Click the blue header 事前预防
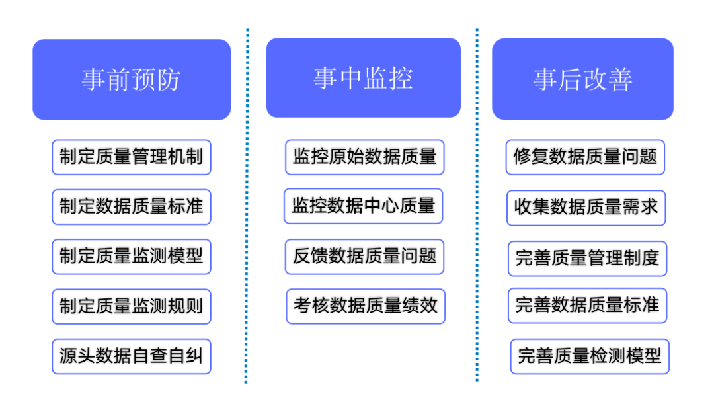[132, 79]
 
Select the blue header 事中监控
[363, 77]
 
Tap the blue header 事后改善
[582, 79]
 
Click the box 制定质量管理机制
[132, 157]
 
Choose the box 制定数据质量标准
[132, 206]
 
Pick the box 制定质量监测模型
[132, 257]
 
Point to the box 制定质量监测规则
[132, 306]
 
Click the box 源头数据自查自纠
[132, 356]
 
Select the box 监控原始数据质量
[364, 157]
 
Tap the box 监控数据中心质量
[363, 206]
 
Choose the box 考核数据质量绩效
[366, 306]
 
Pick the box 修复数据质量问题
[585, 157]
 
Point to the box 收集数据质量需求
[586, 208]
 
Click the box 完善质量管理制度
[587, 258]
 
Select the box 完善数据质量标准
[587, 306]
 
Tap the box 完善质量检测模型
[590, 356]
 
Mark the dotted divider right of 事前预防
[247, 205]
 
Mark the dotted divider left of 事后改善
[477, 205]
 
